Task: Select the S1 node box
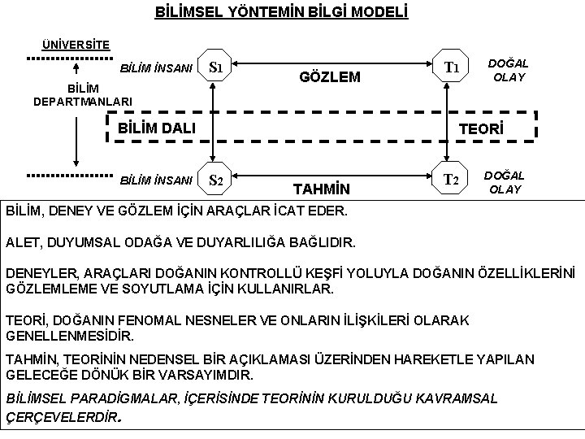(216, 67)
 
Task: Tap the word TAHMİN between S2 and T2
(321, 190)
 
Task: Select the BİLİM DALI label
(157, 127)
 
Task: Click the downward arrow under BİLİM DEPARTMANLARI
(75, 138)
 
